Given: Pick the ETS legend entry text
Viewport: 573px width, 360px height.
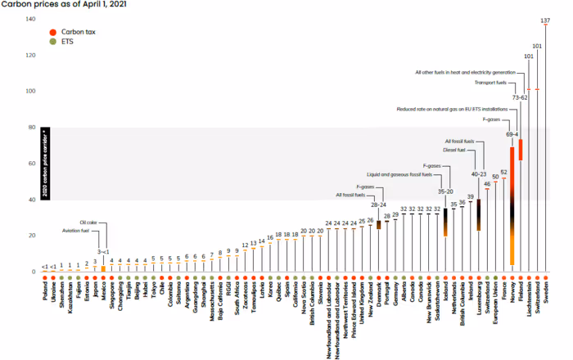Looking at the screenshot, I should tap(68, 39).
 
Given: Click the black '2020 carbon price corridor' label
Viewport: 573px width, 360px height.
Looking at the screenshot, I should tap(47, 164).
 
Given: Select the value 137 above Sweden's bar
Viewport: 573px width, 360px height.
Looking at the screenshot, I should tap(546, 20).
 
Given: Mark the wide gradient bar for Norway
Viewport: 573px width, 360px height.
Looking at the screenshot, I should tap(512, 205).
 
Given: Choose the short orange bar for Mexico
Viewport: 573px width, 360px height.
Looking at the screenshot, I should tap(103, 268).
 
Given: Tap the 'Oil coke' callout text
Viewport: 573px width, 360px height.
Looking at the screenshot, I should tap(88, 223).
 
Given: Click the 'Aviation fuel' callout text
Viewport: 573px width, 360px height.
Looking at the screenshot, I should tap(84, 232).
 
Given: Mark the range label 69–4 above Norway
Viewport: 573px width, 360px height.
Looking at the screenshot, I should tap(512, 134).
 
